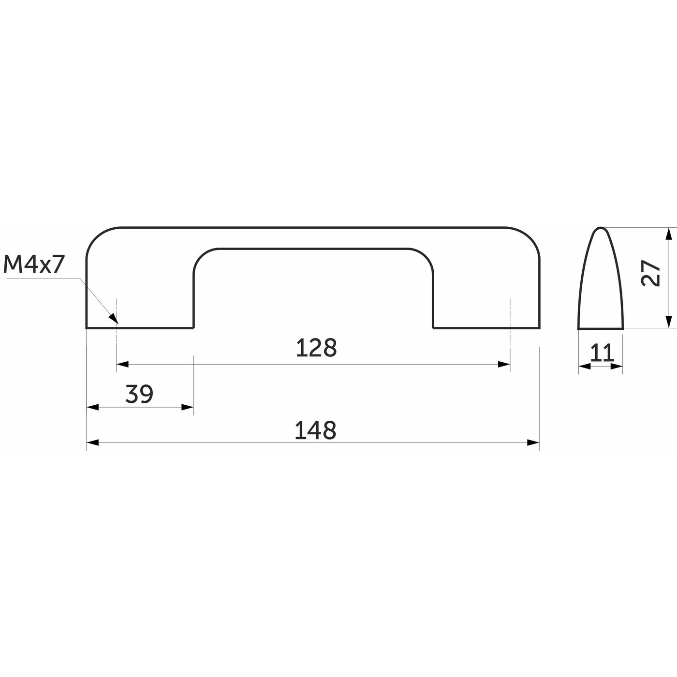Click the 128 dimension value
317,348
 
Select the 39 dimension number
139,394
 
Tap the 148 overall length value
315,430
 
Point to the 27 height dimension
651,273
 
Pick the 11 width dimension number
602,353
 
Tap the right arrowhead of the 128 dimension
504,364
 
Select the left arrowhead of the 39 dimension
92,408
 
